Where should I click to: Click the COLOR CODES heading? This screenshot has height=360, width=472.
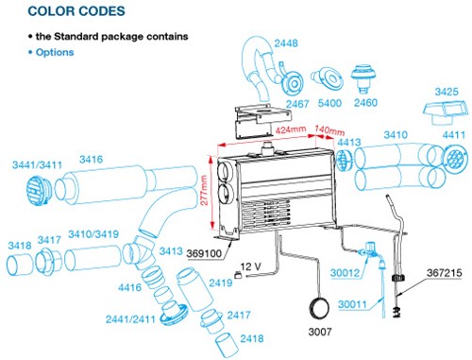(x=76, y=11)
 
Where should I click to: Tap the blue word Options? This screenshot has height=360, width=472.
(x=55, y=52)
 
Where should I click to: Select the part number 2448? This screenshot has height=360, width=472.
(x=286, y=43)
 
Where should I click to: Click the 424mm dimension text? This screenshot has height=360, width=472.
(x=291, y=129)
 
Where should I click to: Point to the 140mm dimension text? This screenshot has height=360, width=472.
(x=329, y=129)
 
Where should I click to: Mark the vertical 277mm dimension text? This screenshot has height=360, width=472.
(x=204, y=190)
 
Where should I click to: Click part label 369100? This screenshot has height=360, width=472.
(x=204, y=253)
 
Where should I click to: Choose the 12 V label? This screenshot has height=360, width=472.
(x=251, y=266)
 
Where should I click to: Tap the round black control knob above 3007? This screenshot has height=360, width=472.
(x=319, y=308)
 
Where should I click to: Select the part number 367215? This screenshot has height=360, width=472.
(x=445, y=273)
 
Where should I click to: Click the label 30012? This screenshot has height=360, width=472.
(x=345, y=273)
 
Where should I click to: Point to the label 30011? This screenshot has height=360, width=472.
(x=352, y=304)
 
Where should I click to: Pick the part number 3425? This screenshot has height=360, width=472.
(x=447, y=92)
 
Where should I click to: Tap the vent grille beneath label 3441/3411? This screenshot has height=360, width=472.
(x=37, y=190)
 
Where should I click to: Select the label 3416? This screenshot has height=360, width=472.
(x=92, y=160)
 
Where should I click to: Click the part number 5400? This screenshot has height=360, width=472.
(x=329, y=103)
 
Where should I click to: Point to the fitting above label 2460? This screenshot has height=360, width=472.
(x=363, y=79)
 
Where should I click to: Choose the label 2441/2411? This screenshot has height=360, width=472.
(x=130, y=319)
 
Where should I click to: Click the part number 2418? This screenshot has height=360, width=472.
(x=252, y=338)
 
